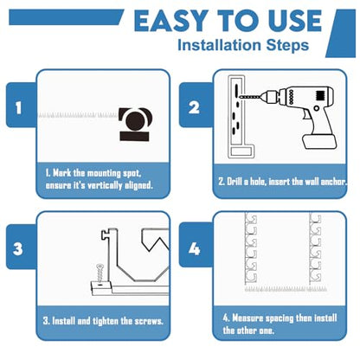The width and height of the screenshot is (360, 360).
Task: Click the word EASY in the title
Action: coord(171,21)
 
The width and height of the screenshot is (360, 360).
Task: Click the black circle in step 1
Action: coord(136,120)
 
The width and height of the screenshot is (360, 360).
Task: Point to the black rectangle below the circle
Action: coord(134,136)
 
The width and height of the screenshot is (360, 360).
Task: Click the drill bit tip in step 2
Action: coord(240,97)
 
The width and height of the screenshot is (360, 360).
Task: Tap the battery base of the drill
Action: coord(319,142)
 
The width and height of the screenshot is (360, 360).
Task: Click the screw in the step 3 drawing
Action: coord(100,273)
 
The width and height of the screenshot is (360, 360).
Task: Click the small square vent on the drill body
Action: coord(320,95)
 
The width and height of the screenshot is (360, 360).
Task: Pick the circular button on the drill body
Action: coord(317,108)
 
